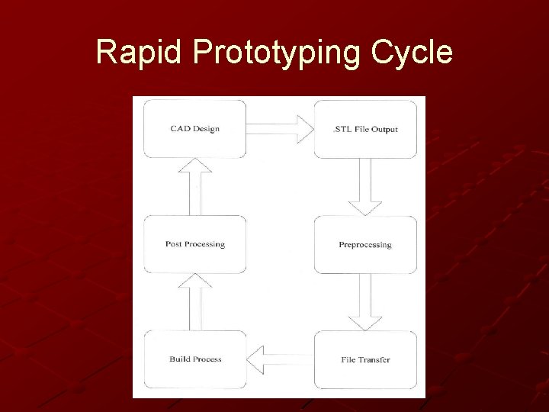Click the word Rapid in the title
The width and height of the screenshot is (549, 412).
(x=140, y=53)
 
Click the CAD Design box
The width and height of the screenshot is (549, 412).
(x=195, y=129)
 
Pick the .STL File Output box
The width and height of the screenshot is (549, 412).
(x=365, y=130)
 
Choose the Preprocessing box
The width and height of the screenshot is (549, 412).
(x=365, y=245)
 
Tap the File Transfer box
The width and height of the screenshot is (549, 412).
(x=365, y=359)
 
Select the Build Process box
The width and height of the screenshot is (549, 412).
(x=195, y=359)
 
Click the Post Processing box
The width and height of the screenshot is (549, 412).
(x=195, y=245)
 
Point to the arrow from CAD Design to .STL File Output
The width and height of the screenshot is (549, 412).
(x=280, y=128)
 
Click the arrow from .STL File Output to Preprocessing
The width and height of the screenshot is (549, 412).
(x=365, y=187)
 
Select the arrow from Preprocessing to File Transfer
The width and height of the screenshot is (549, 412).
(x=365, y=302)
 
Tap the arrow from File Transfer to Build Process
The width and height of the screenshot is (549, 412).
(x=280, y=359)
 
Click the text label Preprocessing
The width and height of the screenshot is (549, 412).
(x=365, y=245)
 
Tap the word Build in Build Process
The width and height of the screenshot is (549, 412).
(x=180, y=359)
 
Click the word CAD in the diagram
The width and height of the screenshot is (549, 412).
(x=180, y=129)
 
